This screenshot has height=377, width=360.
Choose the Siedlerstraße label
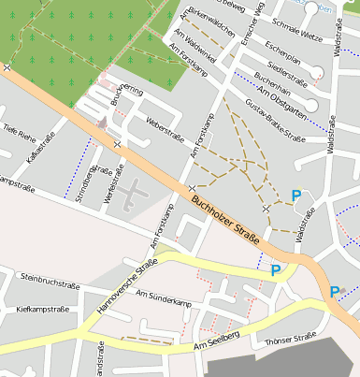[288, 69]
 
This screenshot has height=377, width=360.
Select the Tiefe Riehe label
[19, 130]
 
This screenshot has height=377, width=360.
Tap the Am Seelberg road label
[217, 341]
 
